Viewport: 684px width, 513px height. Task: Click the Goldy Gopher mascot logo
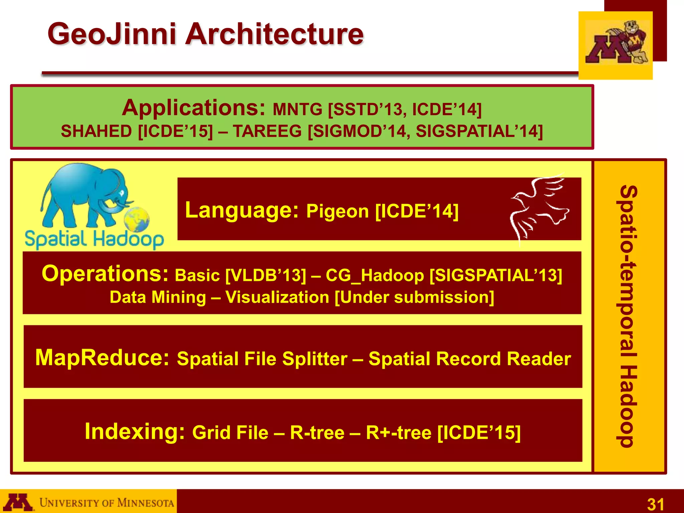click(617, 43)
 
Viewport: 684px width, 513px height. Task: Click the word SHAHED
click(97, 131)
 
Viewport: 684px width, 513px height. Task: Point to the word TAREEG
click(267, 131)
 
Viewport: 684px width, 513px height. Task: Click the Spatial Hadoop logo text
click(95, 239)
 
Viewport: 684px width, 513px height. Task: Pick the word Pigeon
click(337, 211)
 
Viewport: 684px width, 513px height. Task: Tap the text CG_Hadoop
click(374, 276)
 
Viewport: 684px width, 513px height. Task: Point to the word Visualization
click(277, 297)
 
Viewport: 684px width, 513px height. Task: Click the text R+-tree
click(398, 433)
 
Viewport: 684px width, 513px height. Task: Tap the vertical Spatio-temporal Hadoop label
click(629, 316)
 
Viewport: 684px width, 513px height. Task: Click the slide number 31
click(656, 504)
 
